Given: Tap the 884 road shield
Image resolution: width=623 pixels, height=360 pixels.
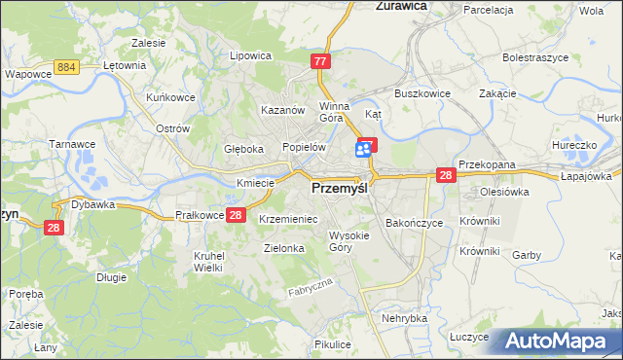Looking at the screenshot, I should click(67, 66).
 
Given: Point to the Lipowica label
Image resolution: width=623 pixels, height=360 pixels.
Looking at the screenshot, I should click(249, 56).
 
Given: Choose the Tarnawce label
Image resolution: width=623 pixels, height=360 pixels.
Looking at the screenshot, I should click(72, 144).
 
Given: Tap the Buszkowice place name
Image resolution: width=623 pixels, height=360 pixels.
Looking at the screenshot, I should click(420, 93).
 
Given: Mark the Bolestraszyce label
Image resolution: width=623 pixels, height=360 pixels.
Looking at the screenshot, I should click(534, 58).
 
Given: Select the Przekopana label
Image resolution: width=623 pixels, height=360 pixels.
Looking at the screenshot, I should click(487, 165).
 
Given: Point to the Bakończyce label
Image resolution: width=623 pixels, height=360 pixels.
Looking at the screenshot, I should click(414, 223).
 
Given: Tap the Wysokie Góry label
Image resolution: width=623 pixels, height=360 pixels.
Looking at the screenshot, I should click(348, 240).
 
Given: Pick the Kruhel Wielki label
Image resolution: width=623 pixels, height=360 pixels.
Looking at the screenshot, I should click(208, 261).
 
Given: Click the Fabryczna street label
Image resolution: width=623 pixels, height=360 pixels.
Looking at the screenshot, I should click(310, 287).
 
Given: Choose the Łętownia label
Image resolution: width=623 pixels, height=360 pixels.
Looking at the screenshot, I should click(124, 66).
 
